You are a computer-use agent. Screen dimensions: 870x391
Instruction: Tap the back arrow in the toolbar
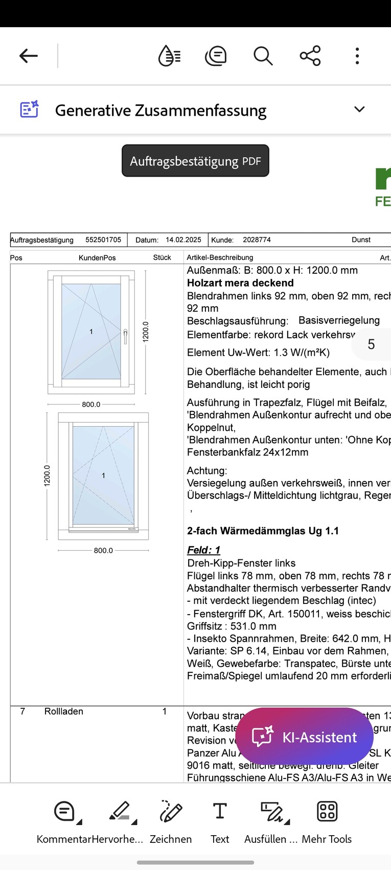29,56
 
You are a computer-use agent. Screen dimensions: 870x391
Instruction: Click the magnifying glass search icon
263,56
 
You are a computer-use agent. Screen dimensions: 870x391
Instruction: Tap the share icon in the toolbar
310,56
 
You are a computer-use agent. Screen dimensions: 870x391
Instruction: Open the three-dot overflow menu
357,56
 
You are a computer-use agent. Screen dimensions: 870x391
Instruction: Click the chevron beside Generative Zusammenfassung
359,110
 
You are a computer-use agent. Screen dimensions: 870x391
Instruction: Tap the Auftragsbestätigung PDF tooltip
195,161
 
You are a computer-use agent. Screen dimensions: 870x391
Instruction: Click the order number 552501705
103,240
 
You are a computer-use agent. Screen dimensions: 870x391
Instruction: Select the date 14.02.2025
183,240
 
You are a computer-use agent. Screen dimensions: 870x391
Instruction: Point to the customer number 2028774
257,240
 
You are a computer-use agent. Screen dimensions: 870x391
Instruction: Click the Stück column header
162,257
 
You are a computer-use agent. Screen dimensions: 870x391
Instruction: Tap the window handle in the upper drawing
125,336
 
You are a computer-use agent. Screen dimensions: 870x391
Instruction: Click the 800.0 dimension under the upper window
91,404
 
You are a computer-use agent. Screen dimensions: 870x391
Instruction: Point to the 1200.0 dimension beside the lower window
47,475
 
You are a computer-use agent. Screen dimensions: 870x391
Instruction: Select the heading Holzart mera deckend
240,283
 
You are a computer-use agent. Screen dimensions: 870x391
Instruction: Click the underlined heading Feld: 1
203,550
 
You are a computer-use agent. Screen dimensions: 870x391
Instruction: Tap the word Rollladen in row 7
63,711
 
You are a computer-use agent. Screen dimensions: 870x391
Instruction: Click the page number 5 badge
371,344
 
